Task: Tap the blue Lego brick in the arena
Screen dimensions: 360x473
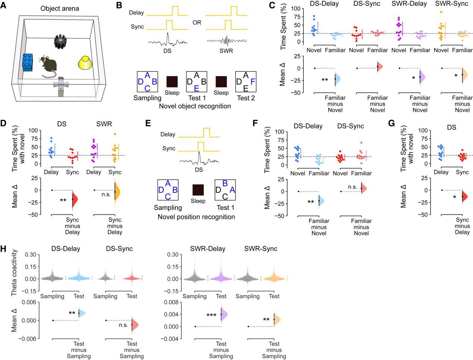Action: click(x=28, y=62)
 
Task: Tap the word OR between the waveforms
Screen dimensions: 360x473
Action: click(x=197, y=23)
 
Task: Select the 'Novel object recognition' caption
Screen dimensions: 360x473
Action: click(x=195, y=106)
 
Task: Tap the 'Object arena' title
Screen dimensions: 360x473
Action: click(x=60, y=9)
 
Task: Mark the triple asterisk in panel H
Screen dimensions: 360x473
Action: click(x=212, y=315)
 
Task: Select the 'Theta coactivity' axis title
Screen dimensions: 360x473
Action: click(x=14, y=273)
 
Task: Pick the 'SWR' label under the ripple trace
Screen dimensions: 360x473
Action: click(x=226, y=51)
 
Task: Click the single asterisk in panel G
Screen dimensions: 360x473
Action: click(x=454, y=196)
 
